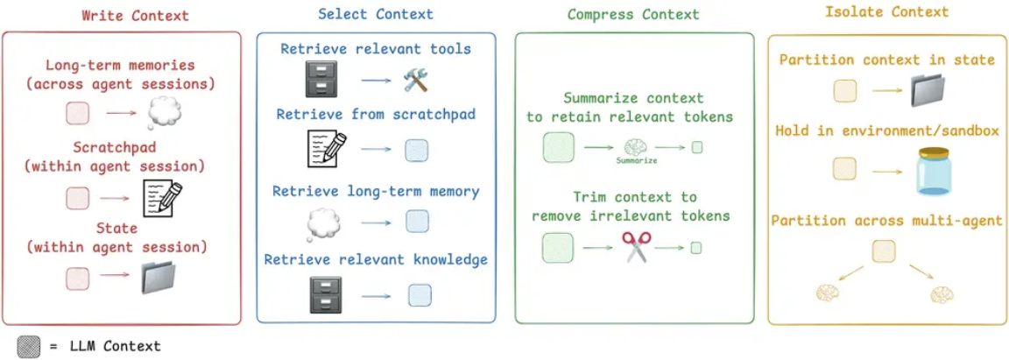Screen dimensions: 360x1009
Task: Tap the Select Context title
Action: [377, 15]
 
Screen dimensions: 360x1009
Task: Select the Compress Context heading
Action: [633, 15]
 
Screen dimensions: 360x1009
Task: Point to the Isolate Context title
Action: [886, 12]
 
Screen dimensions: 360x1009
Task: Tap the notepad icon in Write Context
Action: [162, 198]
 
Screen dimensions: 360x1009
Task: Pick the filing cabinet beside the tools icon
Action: [315, 78]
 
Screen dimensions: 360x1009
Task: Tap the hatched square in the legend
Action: [30, 344]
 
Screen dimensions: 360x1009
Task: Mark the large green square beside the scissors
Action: [558, 247]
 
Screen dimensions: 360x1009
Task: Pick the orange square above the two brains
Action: [883, 251]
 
